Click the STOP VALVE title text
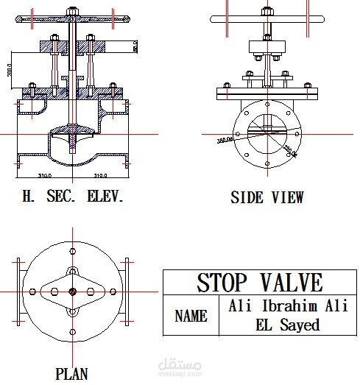click(x=259, y=283)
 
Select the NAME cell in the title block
click(x=190, y=317)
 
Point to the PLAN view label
click(x=71, y=373)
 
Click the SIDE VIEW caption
click(x=267, y=198)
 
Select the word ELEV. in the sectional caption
click(x=105, y=197)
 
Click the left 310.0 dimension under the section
click(x=48, y=176)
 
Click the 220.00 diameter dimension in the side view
click(x=289, y=149)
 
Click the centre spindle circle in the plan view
click(x=71, y=292)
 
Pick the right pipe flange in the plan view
click(x=127, y=292)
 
